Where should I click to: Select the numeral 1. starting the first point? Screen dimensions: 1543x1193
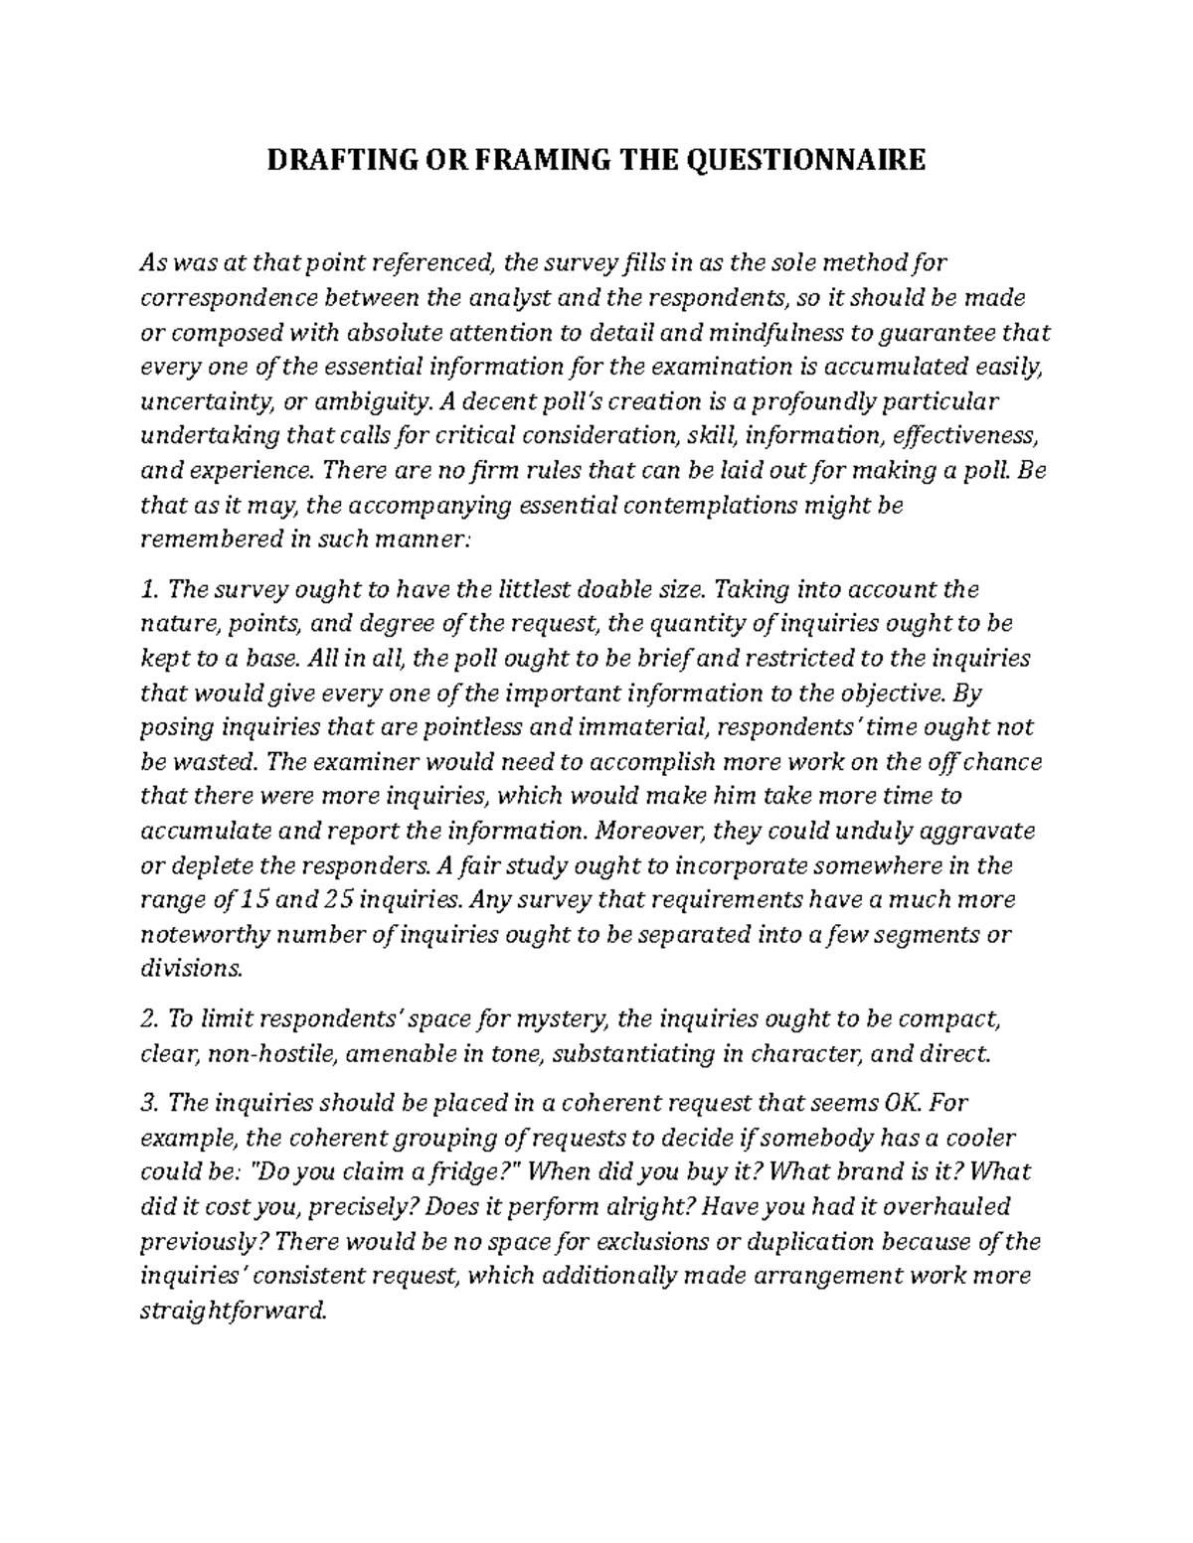point(150,589)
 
